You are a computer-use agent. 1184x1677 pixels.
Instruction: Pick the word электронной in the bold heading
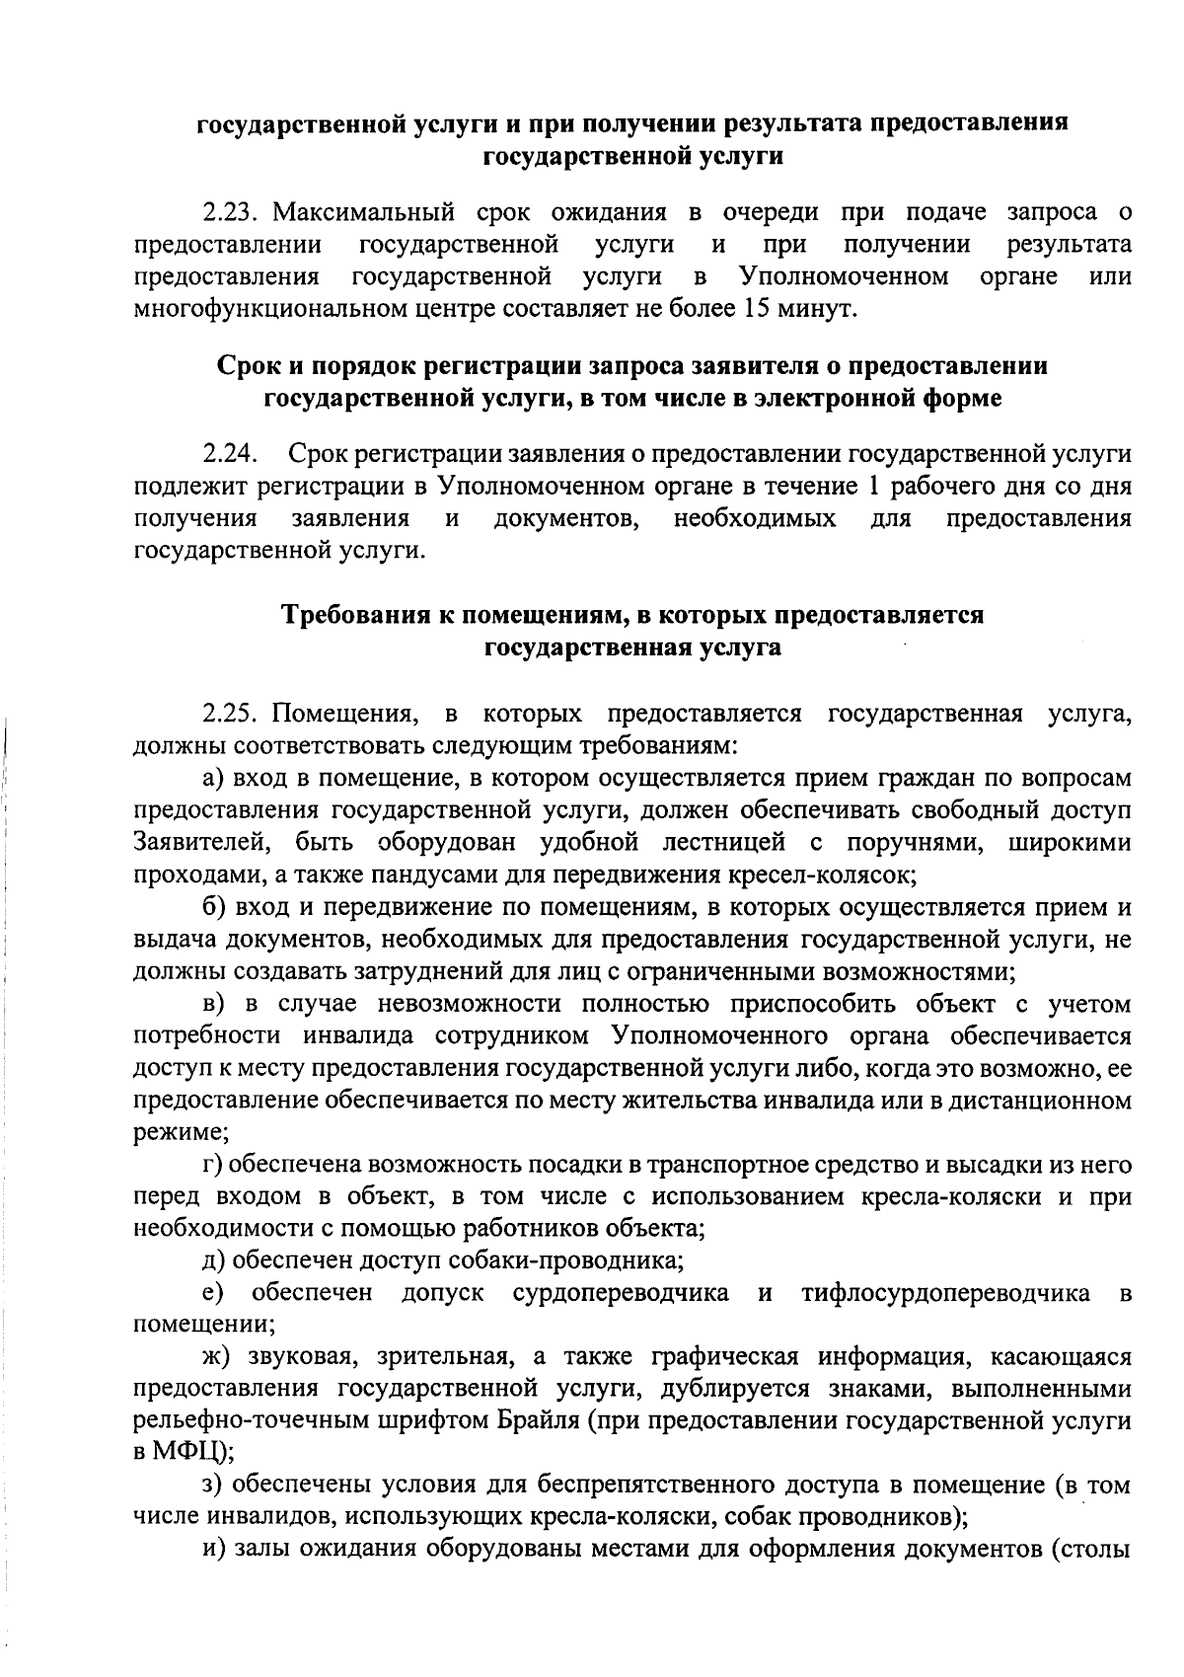(x=832, y=398)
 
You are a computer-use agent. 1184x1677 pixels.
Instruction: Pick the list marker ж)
(x=217, y=1357)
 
